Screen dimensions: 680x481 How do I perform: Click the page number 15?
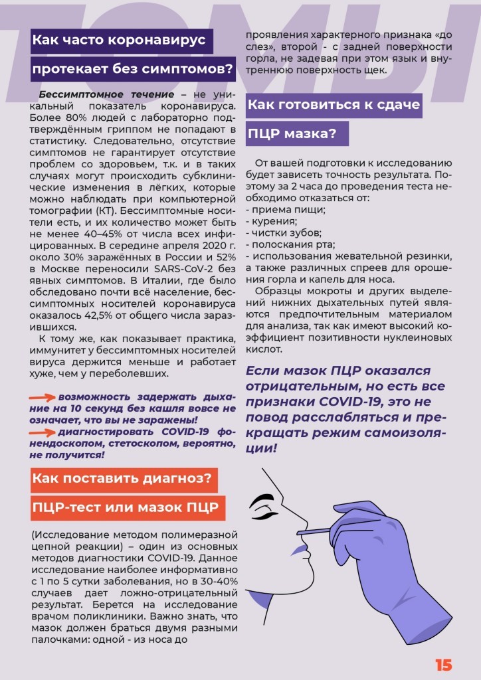444,665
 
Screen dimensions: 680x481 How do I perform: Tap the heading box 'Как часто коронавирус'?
122,40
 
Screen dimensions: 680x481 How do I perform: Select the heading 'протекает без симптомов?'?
134,68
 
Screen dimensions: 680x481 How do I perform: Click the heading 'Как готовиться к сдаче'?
334,105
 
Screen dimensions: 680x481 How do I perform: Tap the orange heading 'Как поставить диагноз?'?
124,479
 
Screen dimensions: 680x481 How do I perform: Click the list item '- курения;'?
271,221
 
